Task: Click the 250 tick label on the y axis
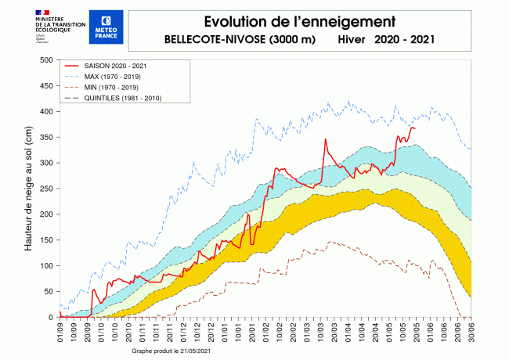45,189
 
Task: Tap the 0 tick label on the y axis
50,317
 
